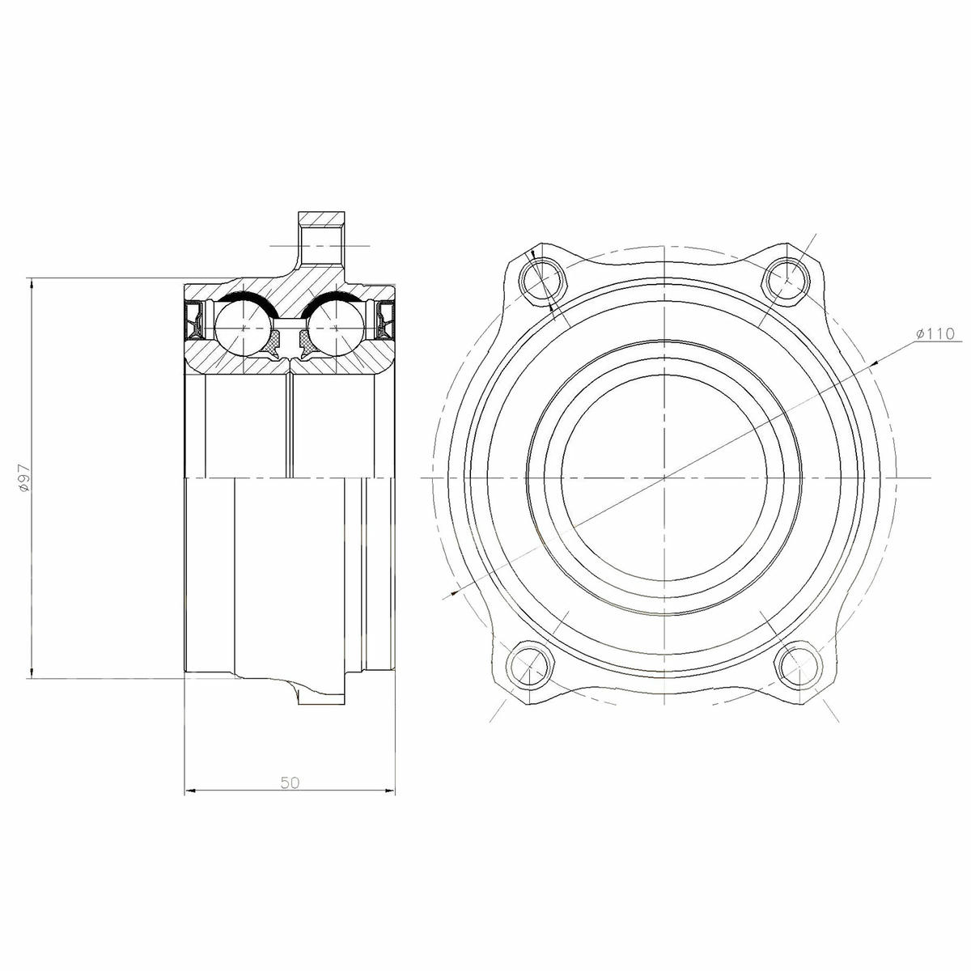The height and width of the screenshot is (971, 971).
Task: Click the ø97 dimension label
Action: pos(23,478)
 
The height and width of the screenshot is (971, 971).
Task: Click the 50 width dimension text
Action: pos(290,782)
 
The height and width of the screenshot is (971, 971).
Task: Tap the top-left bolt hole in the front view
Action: pos(536,278)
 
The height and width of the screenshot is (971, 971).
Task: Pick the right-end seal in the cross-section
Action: pos(385,320)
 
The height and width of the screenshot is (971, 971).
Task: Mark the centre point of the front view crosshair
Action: pos(663,478)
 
